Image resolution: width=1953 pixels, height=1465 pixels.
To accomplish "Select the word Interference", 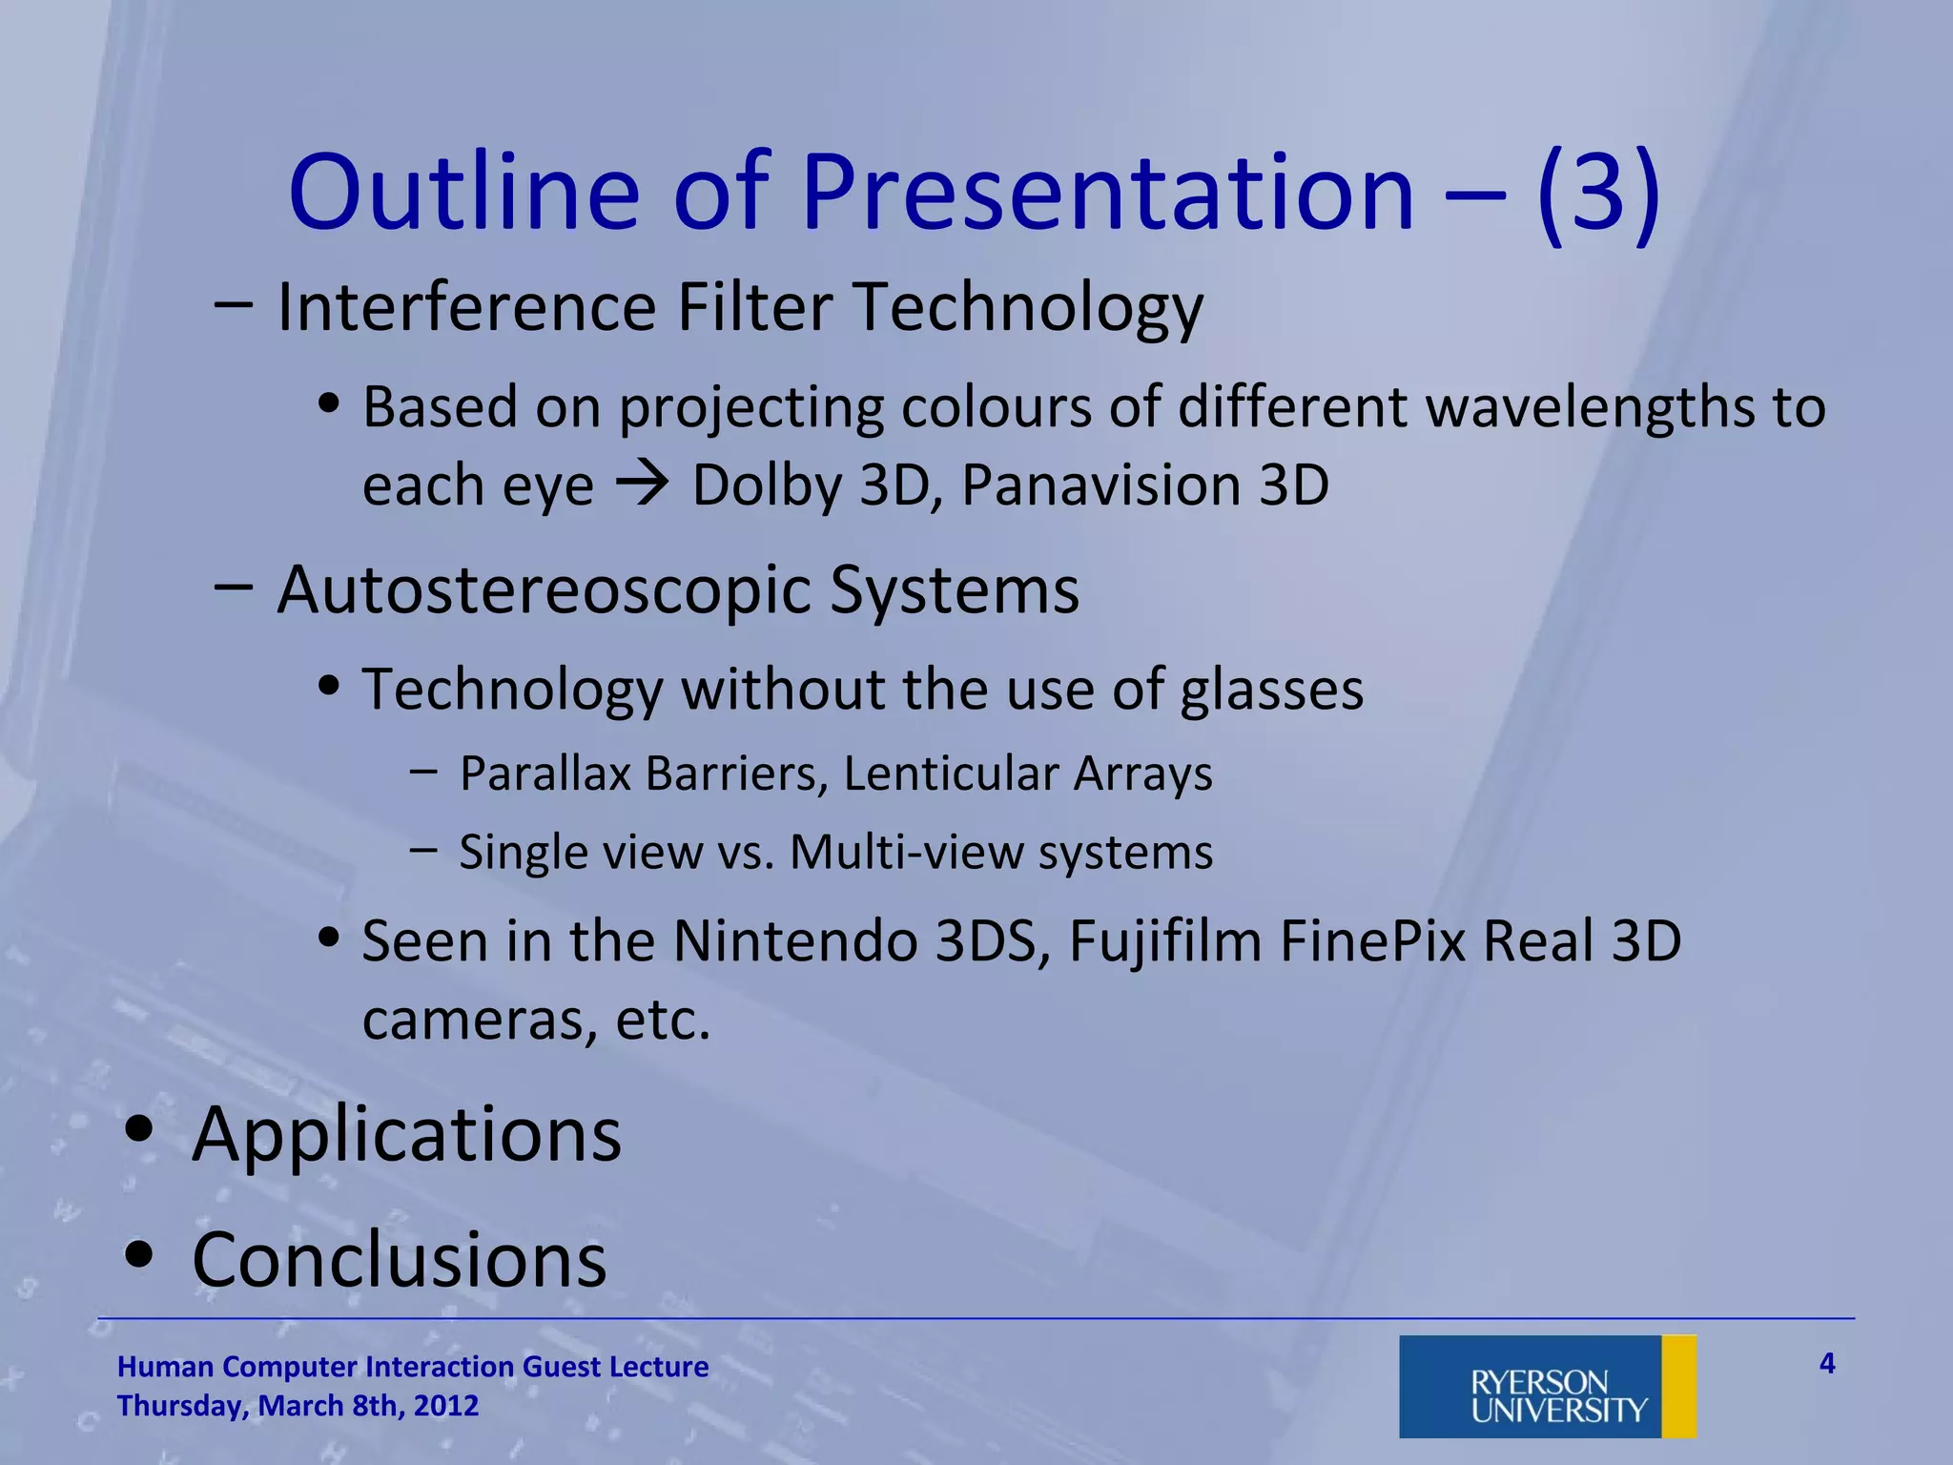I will [465, 307].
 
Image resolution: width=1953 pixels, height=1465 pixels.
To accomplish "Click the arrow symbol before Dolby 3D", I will [642, 485].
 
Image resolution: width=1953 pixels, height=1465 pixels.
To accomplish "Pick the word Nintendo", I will [794, 941].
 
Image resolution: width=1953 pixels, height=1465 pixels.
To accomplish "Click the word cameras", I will [481, 1021].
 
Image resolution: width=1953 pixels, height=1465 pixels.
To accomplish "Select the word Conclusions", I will [399, 1259].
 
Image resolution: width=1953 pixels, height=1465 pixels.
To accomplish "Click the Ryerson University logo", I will [1547, 1386].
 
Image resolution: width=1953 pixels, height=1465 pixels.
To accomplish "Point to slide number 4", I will [1826, 1364].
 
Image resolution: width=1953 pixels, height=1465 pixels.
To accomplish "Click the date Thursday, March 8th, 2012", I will [298, 1406].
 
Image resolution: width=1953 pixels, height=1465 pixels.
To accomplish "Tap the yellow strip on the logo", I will [1678, 1386].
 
